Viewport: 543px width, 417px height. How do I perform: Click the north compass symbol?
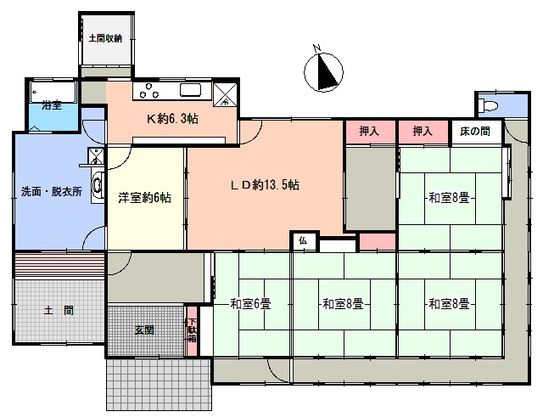(x=324, y=72)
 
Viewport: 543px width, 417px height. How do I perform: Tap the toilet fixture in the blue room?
(x=489, y=104)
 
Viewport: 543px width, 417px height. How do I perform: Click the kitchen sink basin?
(x=190, y=91)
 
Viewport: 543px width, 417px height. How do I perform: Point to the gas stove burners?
(x=149, y=91)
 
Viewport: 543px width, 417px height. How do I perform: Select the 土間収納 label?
(x=105, y=38)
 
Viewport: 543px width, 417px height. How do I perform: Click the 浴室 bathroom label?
(x=52, y=105)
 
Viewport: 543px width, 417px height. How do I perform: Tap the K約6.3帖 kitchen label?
(x=172, y=119)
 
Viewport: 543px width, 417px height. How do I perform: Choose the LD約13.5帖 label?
(x=265, y=185)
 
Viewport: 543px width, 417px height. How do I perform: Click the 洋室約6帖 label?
(x=144, y=198)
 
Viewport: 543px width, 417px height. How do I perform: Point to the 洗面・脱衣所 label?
(x=52, y=191)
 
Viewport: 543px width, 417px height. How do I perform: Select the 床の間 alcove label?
(x=475, y=132)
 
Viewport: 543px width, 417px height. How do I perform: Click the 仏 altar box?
(x=303, y=241)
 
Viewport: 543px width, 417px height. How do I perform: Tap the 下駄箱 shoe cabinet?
(x=192, y=330)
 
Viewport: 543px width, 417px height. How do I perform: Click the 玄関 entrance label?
(x=144, y=330)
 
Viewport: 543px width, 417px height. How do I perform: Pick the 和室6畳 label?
(x=250, y=304)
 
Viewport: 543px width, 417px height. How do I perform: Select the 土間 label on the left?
(x=59, y=310)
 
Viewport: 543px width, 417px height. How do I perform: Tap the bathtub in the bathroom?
(x=53, y=92)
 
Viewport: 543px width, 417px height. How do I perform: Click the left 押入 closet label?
(x=369, y=131)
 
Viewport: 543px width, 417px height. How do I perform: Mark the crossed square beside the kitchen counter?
(x=225, y=94)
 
